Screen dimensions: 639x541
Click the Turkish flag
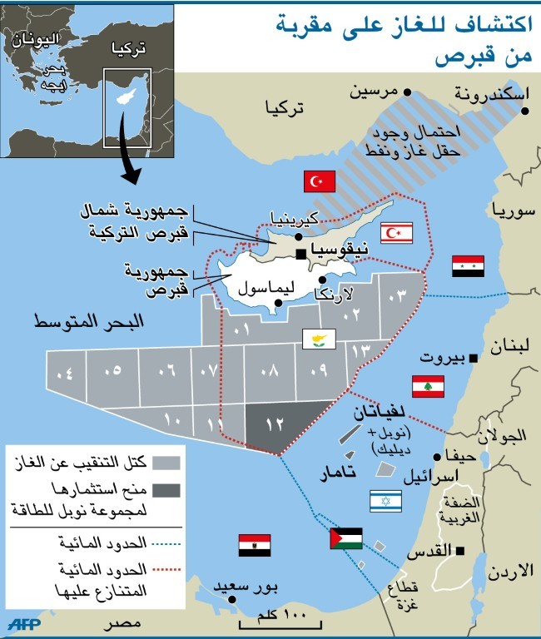(318, 181)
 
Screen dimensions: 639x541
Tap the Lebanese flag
(428, 386)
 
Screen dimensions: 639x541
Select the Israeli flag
(385, 499)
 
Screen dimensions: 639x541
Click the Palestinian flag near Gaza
(345, 538)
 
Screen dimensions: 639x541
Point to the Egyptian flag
(252, 545)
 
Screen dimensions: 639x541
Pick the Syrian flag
(468, 266)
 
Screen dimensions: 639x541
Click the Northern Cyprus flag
(396, 233)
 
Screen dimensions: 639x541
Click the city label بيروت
(441, 359)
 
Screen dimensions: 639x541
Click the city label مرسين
(372, 92)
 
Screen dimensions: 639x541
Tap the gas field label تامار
(343, 473)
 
